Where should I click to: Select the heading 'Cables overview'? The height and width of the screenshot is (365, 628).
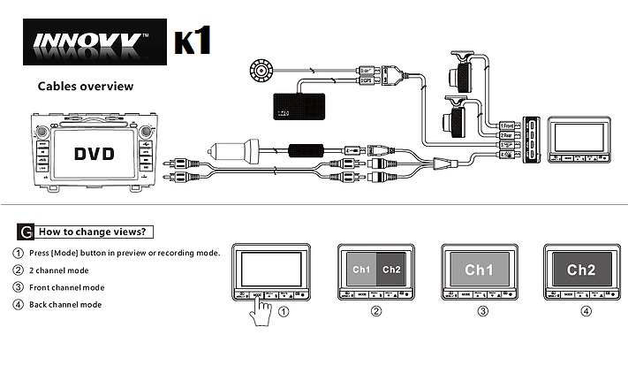[85, 87]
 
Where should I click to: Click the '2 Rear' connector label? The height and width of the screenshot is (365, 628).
[507, 135]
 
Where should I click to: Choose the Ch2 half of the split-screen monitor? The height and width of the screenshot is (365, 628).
[392, 269]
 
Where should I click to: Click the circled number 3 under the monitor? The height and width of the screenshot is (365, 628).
[482, 310]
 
